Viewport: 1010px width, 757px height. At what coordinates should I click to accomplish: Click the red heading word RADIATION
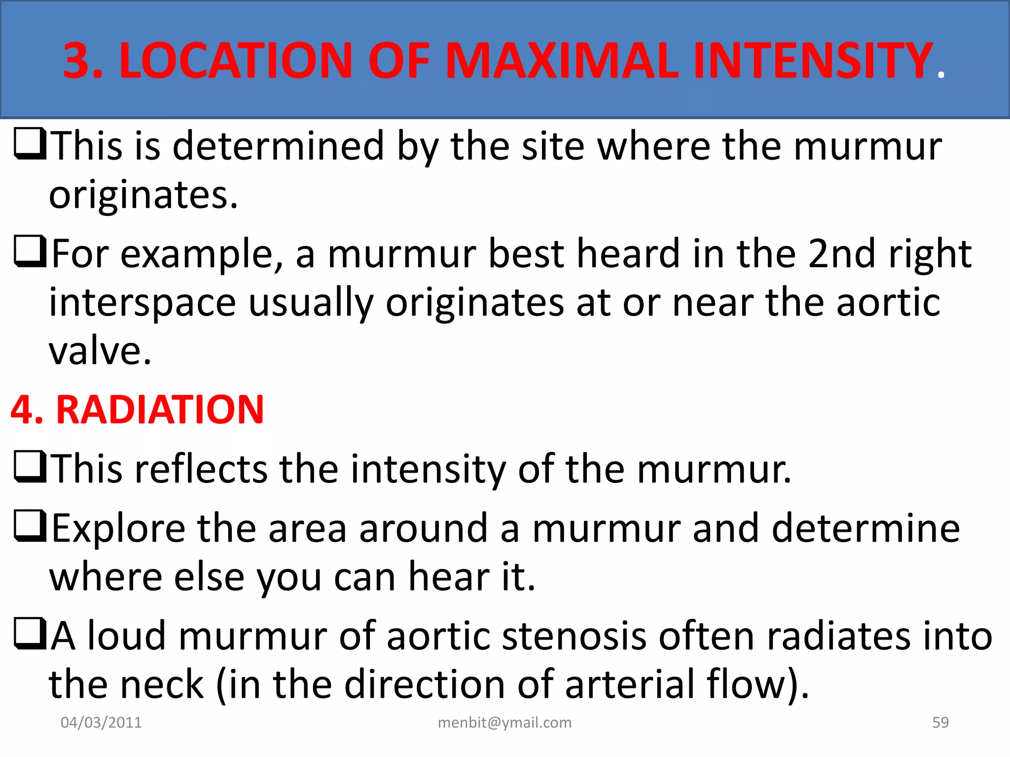(x=160, y=410)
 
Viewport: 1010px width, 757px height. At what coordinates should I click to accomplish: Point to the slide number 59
(x=940, y=723)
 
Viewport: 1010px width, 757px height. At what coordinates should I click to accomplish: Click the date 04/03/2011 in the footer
(x=101, y=723)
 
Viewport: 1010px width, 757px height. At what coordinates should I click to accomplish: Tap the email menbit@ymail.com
(x=505, y=723)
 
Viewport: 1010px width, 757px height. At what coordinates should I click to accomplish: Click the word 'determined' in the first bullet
(x=278, y=146)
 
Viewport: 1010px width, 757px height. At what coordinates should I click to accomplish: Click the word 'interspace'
(x=143, y=303)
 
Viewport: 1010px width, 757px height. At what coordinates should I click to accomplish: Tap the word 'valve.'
(x=100, y=351)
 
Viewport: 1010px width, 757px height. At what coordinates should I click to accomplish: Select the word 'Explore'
(x=118, y=528)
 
